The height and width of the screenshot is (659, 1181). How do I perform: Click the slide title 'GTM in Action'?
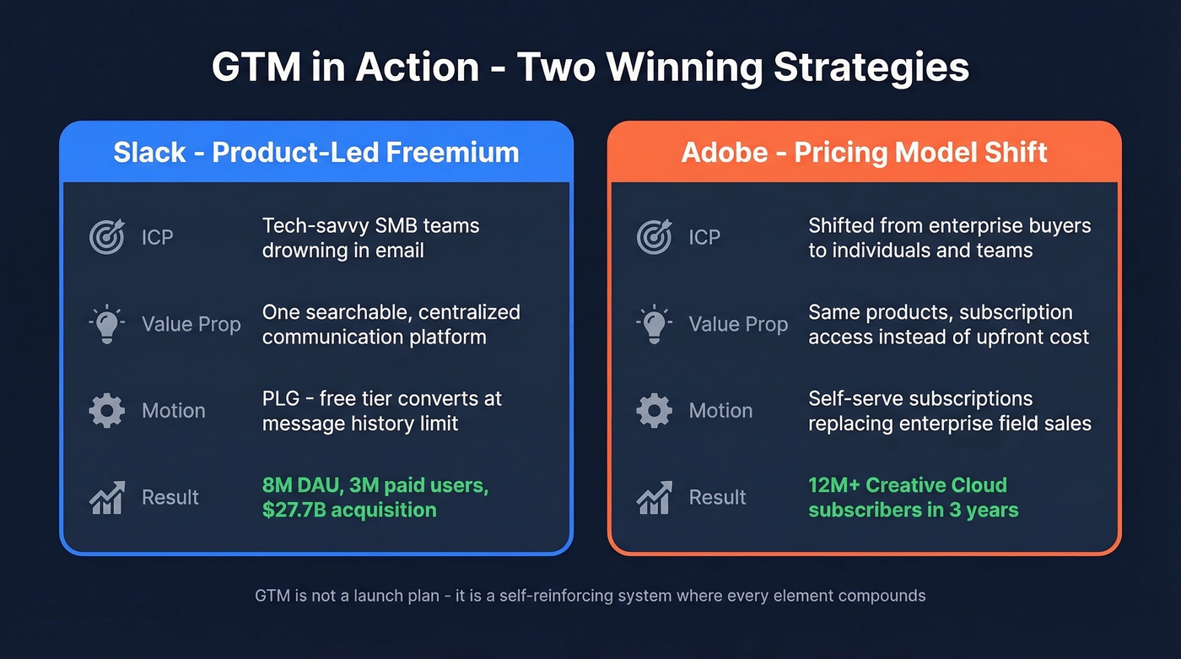(x=590, y=68)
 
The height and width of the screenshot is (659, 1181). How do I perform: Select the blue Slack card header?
(x=316, y=153)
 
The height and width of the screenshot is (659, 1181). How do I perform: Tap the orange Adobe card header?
(x=864, y=153)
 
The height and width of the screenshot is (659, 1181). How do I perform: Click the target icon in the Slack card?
(x=107, y=237)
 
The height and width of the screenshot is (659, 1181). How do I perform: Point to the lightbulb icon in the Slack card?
(x=107, y=323)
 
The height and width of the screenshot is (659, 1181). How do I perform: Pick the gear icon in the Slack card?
(x=107, y=411)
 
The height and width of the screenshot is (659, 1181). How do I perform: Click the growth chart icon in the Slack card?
(x=107, y=498)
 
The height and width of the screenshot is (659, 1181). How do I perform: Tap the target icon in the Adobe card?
(x=654, y=237)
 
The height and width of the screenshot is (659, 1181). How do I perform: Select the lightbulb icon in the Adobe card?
(x=654, y=323)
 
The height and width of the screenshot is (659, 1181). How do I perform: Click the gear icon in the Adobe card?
(x=654, y=411)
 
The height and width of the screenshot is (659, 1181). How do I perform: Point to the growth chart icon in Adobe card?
(x=654, y=498)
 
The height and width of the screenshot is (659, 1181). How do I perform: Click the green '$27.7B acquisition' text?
(x=349, y=510)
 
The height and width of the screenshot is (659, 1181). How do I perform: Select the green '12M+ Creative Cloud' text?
(x=908, y=485)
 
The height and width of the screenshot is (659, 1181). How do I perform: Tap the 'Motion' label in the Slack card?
(x=173, y=411)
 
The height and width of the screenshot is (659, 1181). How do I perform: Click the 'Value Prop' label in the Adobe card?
(x=738, y=324)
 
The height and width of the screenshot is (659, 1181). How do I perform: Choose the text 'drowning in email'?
(x=342, y=251)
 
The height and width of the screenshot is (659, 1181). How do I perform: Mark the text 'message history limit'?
(x=360, y=423)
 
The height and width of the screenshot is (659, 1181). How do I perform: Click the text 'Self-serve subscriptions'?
(x=920, y=398)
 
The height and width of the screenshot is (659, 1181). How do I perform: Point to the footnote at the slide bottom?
(x=590, y=596)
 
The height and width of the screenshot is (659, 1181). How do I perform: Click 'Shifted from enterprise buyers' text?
(x=949, y=225)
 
